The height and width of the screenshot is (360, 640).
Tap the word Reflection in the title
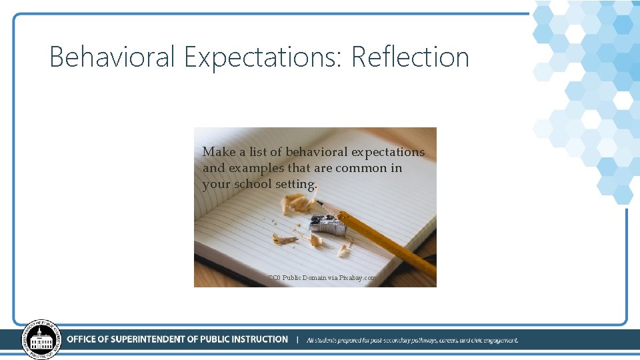coord(410,57)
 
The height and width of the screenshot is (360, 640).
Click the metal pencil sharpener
coord(327,225)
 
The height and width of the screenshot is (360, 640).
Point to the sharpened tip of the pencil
coord(319,202)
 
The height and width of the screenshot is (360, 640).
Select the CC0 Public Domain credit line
coord(322,277)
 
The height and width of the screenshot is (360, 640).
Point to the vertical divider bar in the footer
coord(297,339)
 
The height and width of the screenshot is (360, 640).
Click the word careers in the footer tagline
coord(447,340)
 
